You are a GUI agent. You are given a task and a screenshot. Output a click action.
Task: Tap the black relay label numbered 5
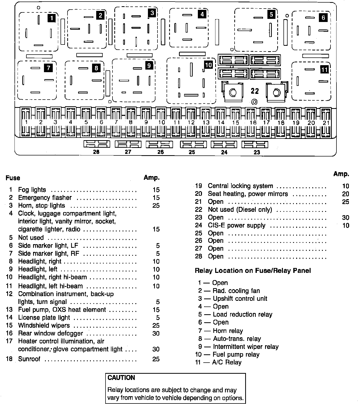point(271,14)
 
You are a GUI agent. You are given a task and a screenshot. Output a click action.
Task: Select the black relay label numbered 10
point(208,65)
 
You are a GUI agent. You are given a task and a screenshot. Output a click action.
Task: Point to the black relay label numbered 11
point(324,69)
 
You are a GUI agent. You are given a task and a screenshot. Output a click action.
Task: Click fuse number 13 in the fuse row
point(206,122)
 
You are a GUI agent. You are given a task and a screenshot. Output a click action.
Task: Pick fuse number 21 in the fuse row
point(326,122)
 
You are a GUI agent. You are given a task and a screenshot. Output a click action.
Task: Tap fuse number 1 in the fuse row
point(26,122)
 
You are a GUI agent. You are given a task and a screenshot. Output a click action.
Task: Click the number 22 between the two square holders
point(255,91)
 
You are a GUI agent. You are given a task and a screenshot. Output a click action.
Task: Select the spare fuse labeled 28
point(96,144)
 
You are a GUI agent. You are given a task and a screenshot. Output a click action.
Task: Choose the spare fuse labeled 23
point(255,144)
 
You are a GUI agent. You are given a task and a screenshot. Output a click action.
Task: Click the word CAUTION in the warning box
point(121,378)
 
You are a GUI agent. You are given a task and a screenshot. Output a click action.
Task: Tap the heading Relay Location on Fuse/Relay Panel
point(253,271)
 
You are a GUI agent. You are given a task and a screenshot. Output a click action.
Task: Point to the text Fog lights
point(32,190)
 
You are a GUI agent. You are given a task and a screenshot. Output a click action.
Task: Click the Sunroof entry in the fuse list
point(29,359)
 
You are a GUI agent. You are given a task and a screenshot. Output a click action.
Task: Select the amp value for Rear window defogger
point(156,333)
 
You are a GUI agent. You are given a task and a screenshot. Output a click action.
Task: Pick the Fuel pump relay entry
point(236,355)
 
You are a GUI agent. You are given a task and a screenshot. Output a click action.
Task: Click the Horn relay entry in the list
point(228,331)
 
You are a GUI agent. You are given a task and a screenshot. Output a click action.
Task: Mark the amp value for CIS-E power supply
point(346,226)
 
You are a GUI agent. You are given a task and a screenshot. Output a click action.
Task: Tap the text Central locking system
point(240,186)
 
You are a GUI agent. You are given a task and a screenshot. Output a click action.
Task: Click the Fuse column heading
point(13,178)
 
